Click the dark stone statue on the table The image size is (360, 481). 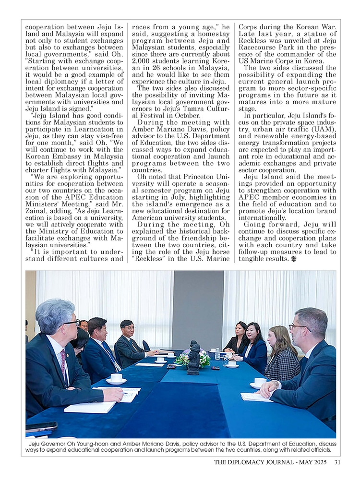coord(193,358)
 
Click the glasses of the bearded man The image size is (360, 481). coord(298,327)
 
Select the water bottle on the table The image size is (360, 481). coord(217,354)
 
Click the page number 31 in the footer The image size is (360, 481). coord(337,462)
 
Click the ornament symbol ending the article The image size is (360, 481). coord(293,259)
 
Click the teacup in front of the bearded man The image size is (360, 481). coord(260,382)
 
